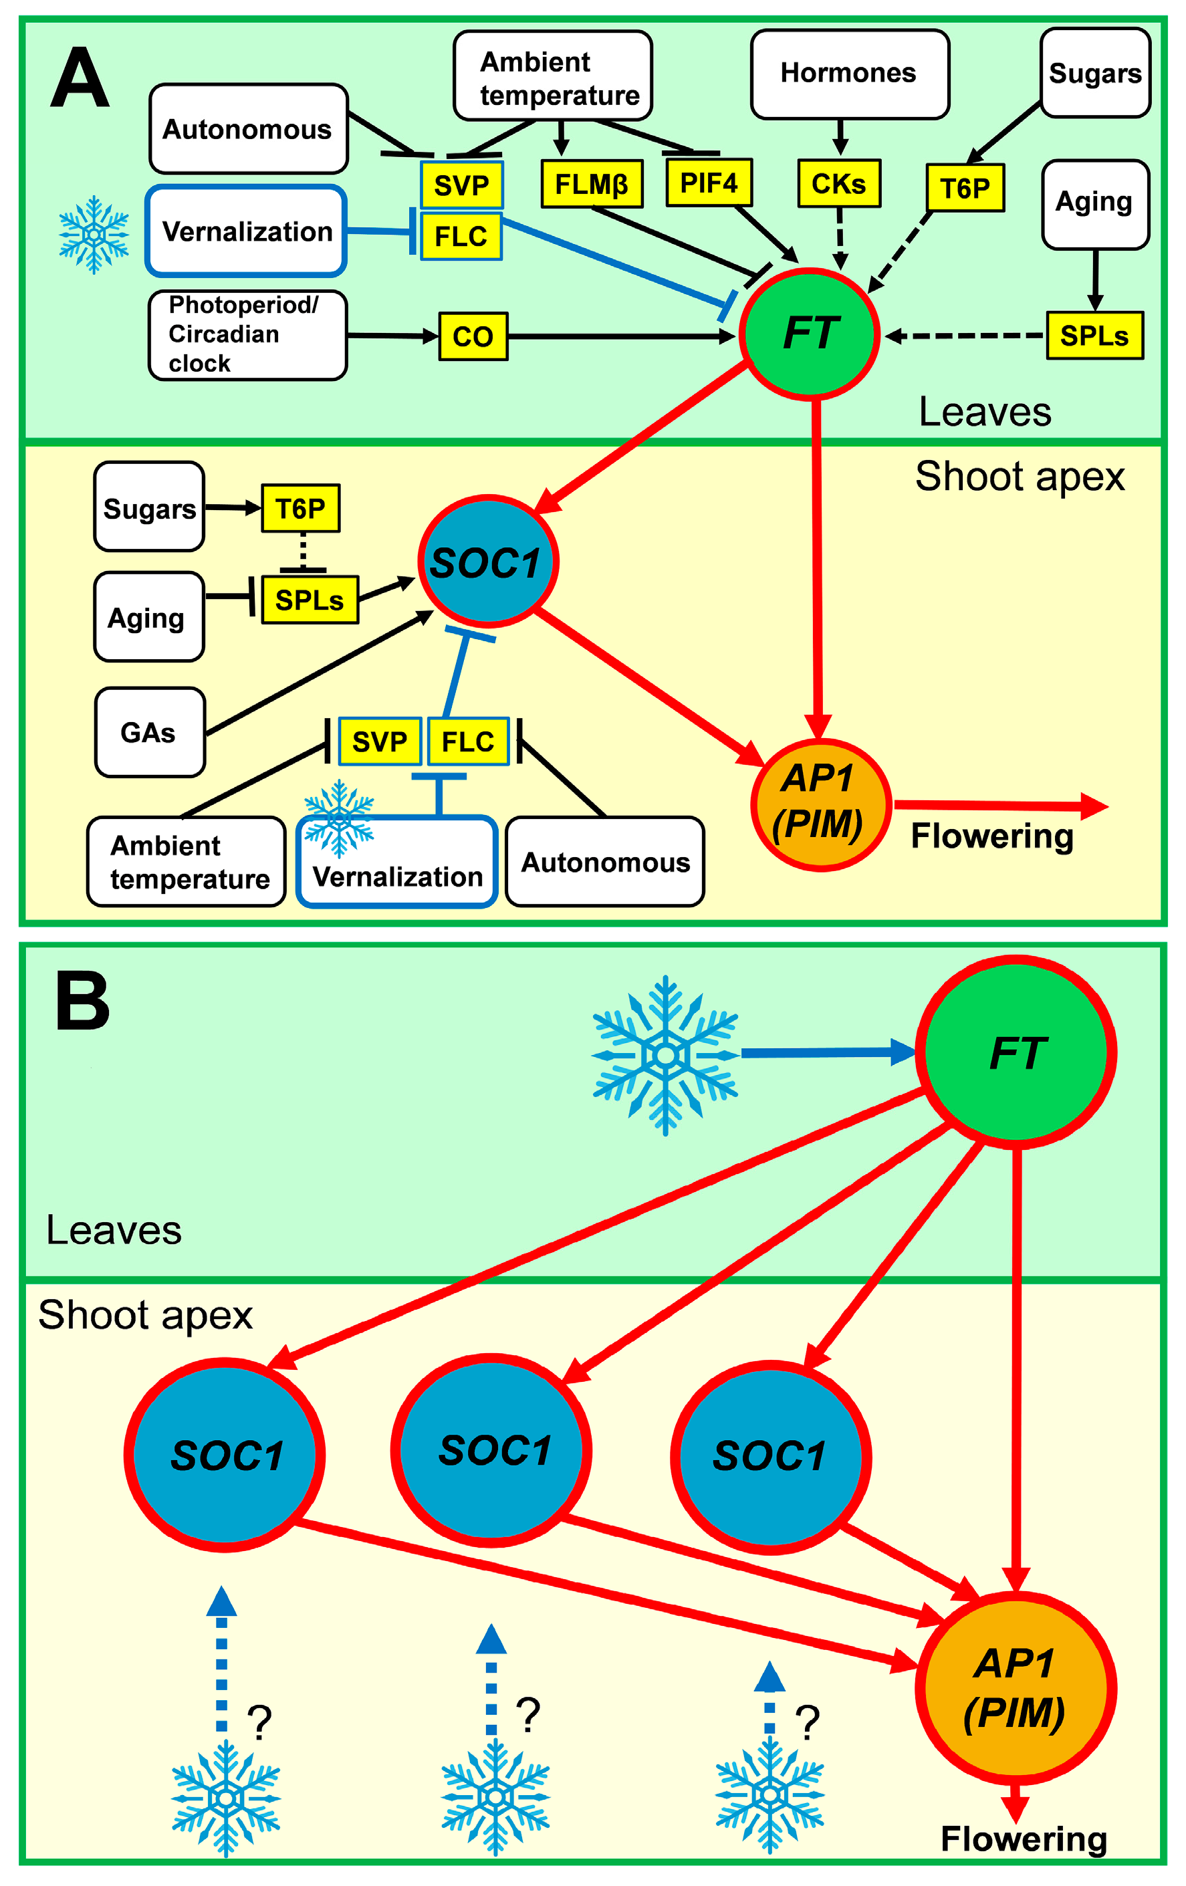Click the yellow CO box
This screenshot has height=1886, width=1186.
473,336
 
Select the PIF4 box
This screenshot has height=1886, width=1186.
708,183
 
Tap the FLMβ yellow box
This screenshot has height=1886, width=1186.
592,184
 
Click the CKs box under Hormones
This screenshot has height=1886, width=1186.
838,183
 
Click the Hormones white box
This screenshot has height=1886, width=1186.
849,74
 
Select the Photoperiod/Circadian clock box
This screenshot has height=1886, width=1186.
247,335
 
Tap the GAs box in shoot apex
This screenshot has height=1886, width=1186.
149,732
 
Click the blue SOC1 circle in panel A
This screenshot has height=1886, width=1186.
487,562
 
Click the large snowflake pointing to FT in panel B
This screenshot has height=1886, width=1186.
665,1054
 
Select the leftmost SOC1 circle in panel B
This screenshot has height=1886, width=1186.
225,1455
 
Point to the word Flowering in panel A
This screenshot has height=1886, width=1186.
991,836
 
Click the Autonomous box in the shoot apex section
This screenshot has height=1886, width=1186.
605,862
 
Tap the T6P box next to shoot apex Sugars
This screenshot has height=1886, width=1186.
300,508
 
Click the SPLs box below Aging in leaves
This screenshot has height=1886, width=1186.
1094,335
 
